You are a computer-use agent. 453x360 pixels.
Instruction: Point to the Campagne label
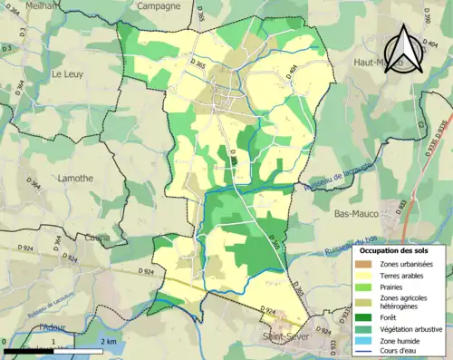159,5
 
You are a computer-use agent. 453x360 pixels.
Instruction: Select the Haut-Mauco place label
373,62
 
